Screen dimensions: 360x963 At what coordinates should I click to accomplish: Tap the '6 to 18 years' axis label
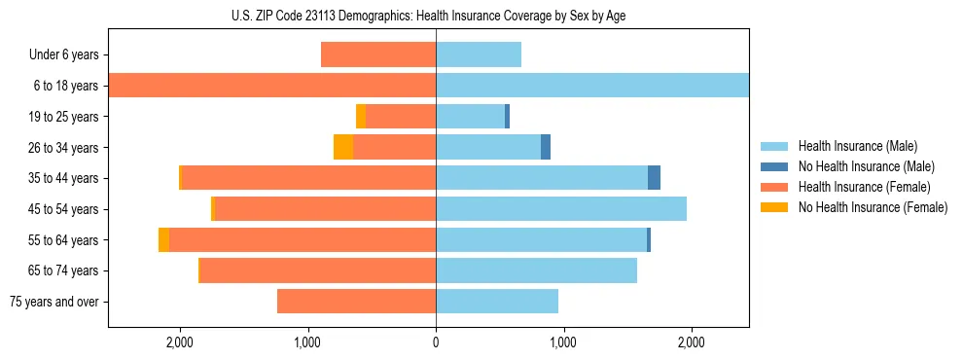pos(66,86)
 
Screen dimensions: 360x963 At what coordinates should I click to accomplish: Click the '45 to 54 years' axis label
pos(63,209)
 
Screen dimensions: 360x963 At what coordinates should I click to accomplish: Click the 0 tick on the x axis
pos(436,342)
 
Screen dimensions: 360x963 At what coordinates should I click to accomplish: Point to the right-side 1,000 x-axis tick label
pos(563,342)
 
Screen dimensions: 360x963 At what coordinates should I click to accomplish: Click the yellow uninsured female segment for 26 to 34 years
pos(342,147)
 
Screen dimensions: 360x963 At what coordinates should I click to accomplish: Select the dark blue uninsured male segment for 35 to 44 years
pos(654,178)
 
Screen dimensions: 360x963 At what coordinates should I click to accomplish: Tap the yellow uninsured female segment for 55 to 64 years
pos(163,239)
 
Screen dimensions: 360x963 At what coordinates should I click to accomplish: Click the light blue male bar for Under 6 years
pos(479,54)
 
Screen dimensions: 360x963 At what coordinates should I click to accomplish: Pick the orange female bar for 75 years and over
pos(356,302)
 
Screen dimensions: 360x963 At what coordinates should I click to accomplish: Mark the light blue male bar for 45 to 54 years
pos(561,209)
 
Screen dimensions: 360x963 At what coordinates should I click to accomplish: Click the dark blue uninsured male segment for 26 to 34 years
pos(546,147)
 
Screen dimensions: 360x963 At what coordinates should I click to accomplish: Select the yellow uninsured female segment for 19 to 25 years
pos(360,117)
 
